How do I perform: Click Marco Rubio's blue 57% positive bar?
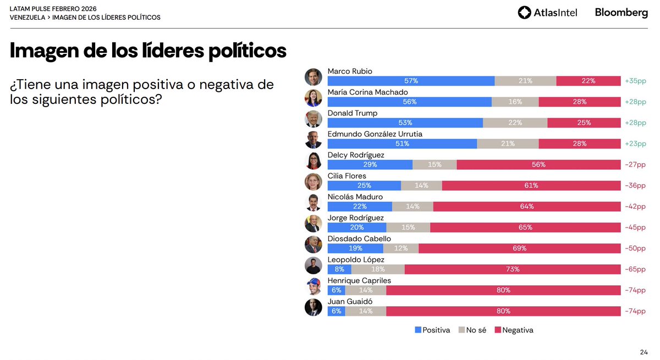click(x=410, y=81)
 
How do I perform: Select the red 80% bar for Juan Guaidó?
click(x=503, y=311)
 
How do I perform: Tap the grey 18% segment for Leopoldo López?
click(x=378, y=269)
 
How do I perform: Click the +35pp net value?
click(x=635, y=81)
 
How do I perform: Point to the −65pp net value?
click(x=635, y=269)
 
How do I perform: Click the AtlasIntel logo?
click(x=547, y=13)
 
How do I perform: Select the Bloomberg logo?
click(x=621, y=13)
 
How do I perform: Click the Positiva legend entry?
click(x=432, y=330)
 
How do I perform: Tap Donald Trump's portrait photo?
click(x=313, y=119)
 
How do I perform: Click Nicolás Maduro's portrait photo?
click(x=313, y=203)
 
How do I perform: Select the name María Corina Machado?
click(x=367, y=92)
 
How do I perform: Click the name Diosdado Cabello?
click(x=359, y=239)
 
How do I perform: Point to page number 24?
click(x=643, y=352)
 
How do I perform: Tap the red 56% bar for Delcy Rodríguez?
click(x=538, y=164)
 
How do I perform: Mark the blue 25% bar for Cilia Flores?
click(x=364, y=186)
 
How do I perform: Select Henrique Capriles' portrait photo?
click(x=313, y=286)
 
